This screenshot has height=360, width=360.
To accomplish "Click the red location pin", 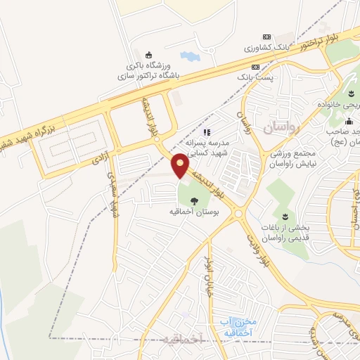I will coord(181,165).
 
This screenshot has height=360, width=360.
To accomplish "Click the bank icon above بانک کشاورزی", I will coord(266,37).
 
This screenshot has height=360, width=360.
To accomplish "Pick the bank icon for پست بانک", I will coord(255,67).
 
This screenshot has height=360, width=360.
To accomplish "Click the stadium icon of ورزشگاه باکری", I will coord(148,55).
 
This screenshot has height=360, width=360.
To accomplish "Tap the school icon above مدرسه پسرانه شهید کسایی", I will coord(206,131).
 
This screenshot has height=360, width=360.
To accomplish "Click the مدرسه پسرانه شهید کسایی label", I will coord(208,146).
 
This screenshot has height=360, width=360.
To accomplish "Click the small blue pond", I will coord(189,56).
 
